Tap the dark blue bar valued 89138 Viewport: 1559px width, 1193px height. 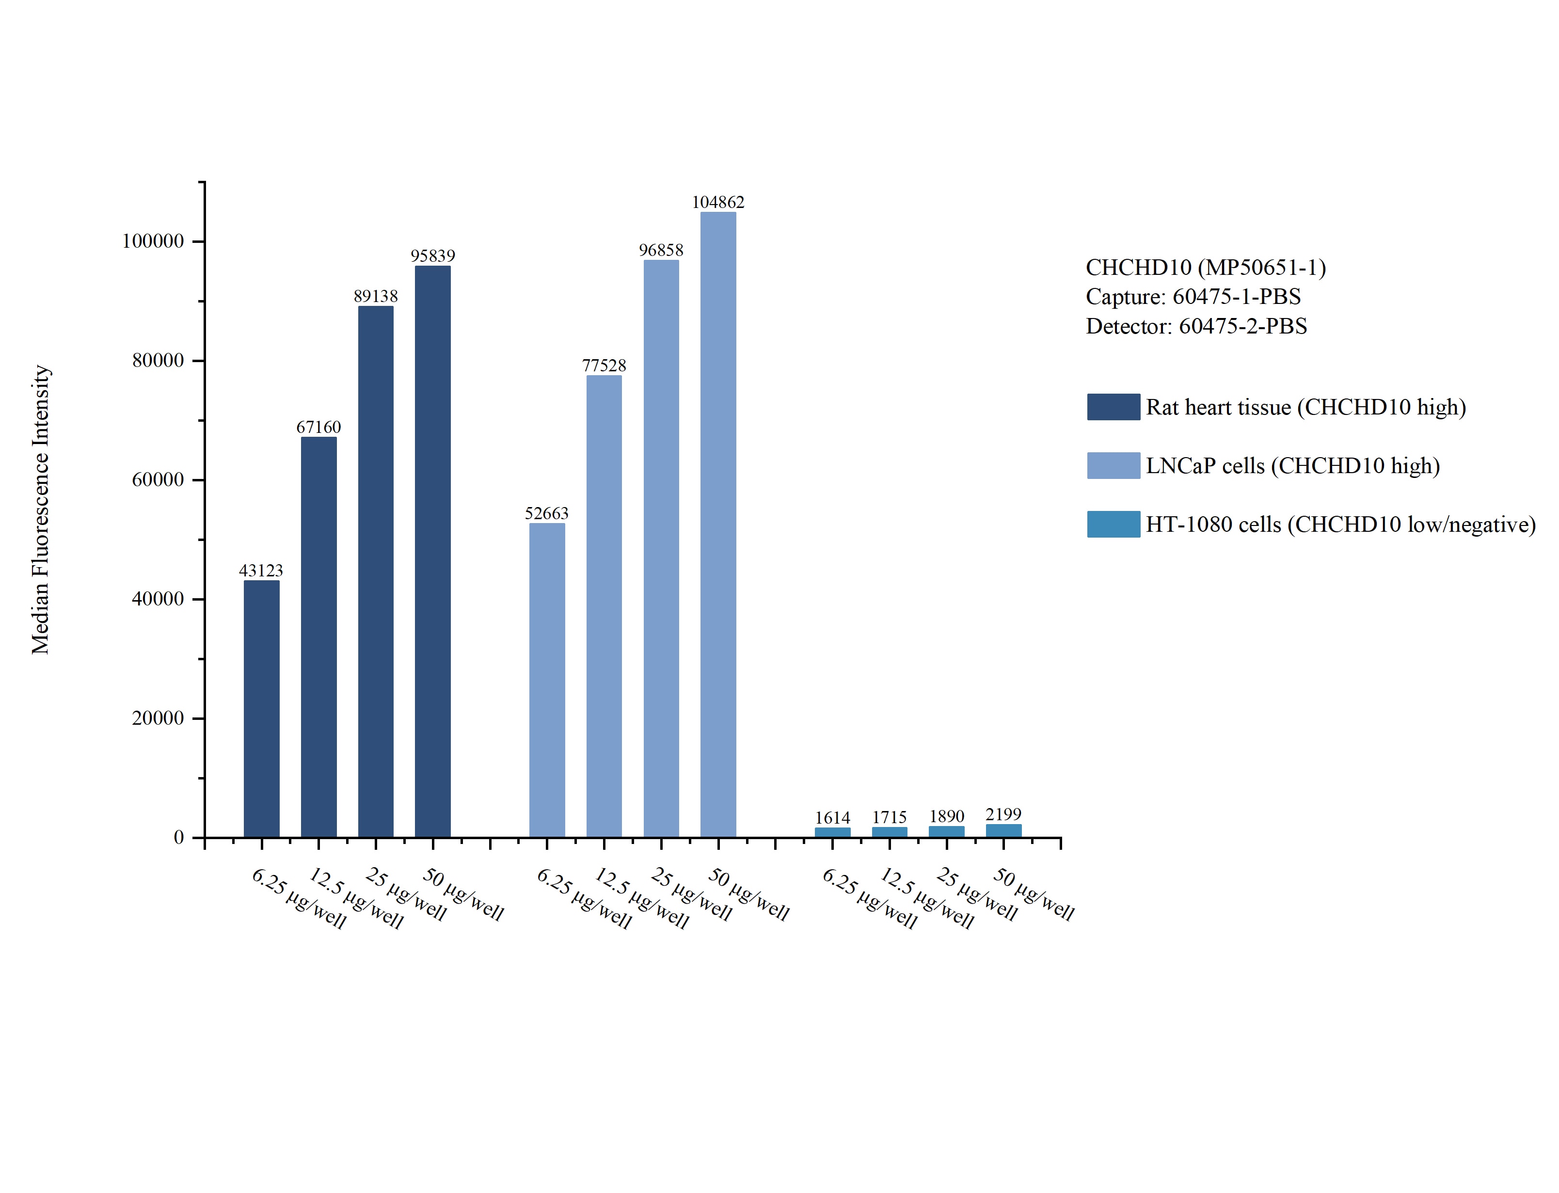376,571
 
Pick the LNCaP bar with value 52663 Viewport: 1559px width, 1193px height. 547,680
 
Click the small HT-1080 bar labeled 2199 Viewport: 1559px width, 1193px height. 1003,830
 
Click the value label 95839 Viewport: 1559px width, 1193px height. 432,255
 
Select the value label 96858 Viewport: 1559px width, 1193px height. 660,250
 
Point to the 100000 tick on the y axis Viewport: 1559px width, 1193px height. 153,241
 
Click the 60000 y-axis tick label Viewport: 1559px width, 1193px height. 158,480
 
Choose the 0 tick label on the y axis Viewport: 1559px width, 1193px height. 179,838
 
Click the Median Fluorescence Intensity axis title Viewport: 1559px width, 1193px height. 40,509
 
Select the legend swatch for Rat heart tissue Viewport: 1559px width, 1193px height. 1113,407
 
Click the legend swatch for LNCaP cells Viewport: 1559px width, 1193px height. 1113,466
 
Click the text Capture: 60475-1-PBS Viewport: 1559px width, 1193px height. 1193,296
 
